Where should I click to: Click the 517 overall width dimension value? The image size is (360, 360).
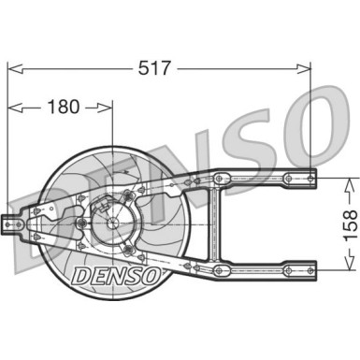(156, 68)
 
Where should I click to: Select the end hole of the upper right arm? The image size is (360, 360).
(311, 176)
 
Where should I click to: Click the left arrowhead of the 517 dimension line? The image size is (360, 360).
(11, 68)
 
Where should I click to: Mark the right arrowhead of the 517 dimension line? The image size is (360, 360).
(307, 68)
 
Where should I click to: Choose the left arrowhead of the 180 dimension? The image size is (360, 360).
(11, 107)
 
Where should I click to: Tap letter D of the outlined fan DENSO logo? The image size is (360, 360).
(78, 273)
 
